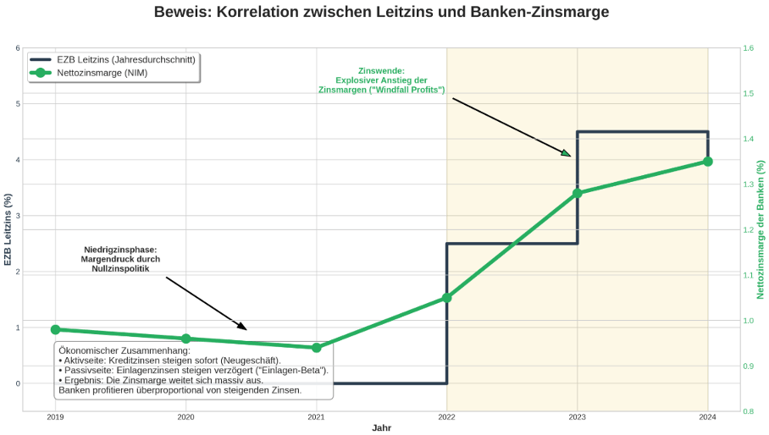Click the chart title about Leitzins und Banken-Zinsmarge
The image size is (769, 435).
pyautogui.click(x=381, y=13)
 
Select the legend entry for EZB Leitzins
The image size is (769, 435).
pyautogui.click(x=126, y=59)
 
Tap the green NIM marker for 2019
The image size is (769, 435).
pyautogui.click(x=55, y=330)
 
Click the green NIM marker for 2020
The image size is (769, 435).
pyautogui.click(x=185, y=339)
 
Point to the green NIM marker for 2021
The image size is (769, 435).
pyautogui.click(x=316, y=348)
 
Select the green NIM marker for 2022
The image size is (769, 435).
pyautogui.click(x=447, y=298)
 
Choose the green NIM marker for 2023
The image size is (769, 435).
pyautogui.click(x=578, y=193)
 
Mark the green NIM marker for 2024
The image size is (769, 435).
pyautogui.click(x=708, y=162)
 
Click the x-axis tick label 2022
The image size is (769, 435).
pyautogui.click(x=447, y=417)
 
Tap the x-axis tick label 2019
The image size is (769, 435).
pyautogui.click(x=55, y=417)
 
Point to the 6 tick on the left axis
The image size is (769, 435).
pyautogui.click(x=17, y=48)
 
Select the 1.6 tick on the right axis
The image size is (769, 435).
pyautogui.click(x=749, y=48)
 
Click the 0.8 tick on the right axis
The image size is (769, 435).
pyautogui.click(x=749, y=411)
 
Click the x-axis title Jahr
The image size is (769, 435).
pyautogui.click(x=381, y=428)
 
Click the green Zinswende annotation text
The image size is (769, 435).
pyautogui.click(x=381, y=80)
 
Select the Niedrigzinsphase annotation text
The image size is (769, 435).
pyautogui.click(x=120, y=259)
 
